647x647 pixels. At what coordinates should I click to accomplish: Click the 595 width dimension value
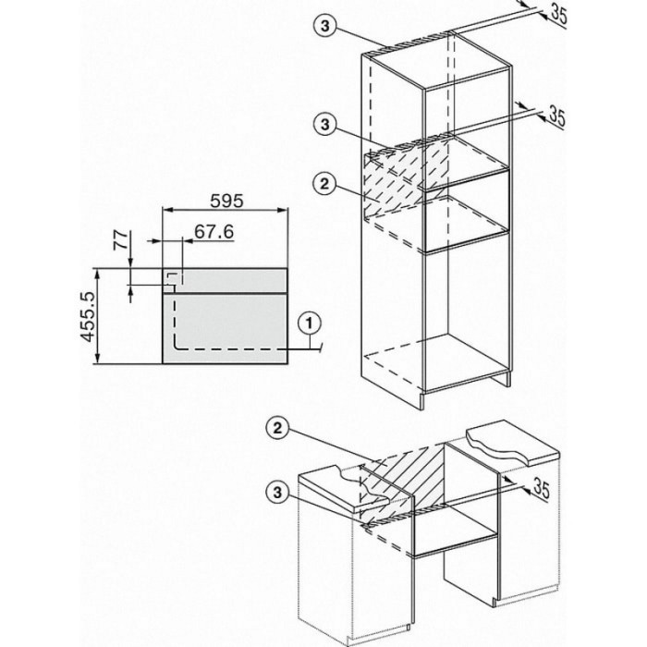coord(226,201)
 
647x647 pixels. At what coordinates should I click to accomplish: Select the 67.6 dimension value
coord(214,232)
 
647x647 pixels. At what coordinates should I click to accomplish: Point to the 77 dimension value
coord(121,239)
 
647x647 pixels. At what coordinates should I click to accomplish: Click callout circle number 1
coord(310,323)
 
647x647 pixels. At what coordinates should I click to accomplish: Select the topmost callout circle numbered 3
coord(325,26)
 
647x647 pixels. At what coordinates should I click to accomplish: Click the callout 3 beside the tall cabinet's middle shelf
coord(325,123)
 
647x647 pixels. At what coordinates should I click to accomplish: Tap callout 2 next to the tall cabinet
coord(325,183)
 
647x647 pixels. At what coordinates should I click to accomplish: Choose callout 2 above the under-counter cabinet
coord(277,428)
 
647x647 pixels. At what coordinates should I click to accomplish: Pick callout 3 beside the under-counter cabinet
coord(277,492)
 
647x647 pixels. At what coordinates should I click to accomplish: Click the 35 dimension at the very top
coord(558,14)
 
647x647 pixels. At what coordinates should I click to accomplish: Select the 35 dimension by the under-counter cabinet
coord(542,488)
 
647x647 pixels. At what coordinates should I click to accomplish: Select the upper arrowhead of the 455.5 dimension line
coord(97,274)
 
